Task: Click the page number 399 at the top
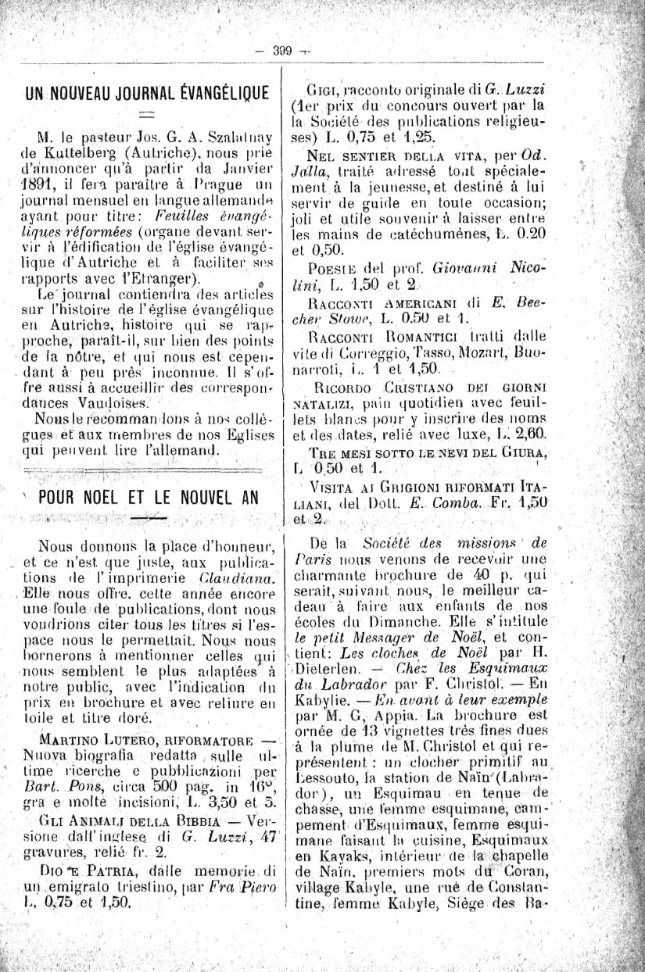pos(282,51)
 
